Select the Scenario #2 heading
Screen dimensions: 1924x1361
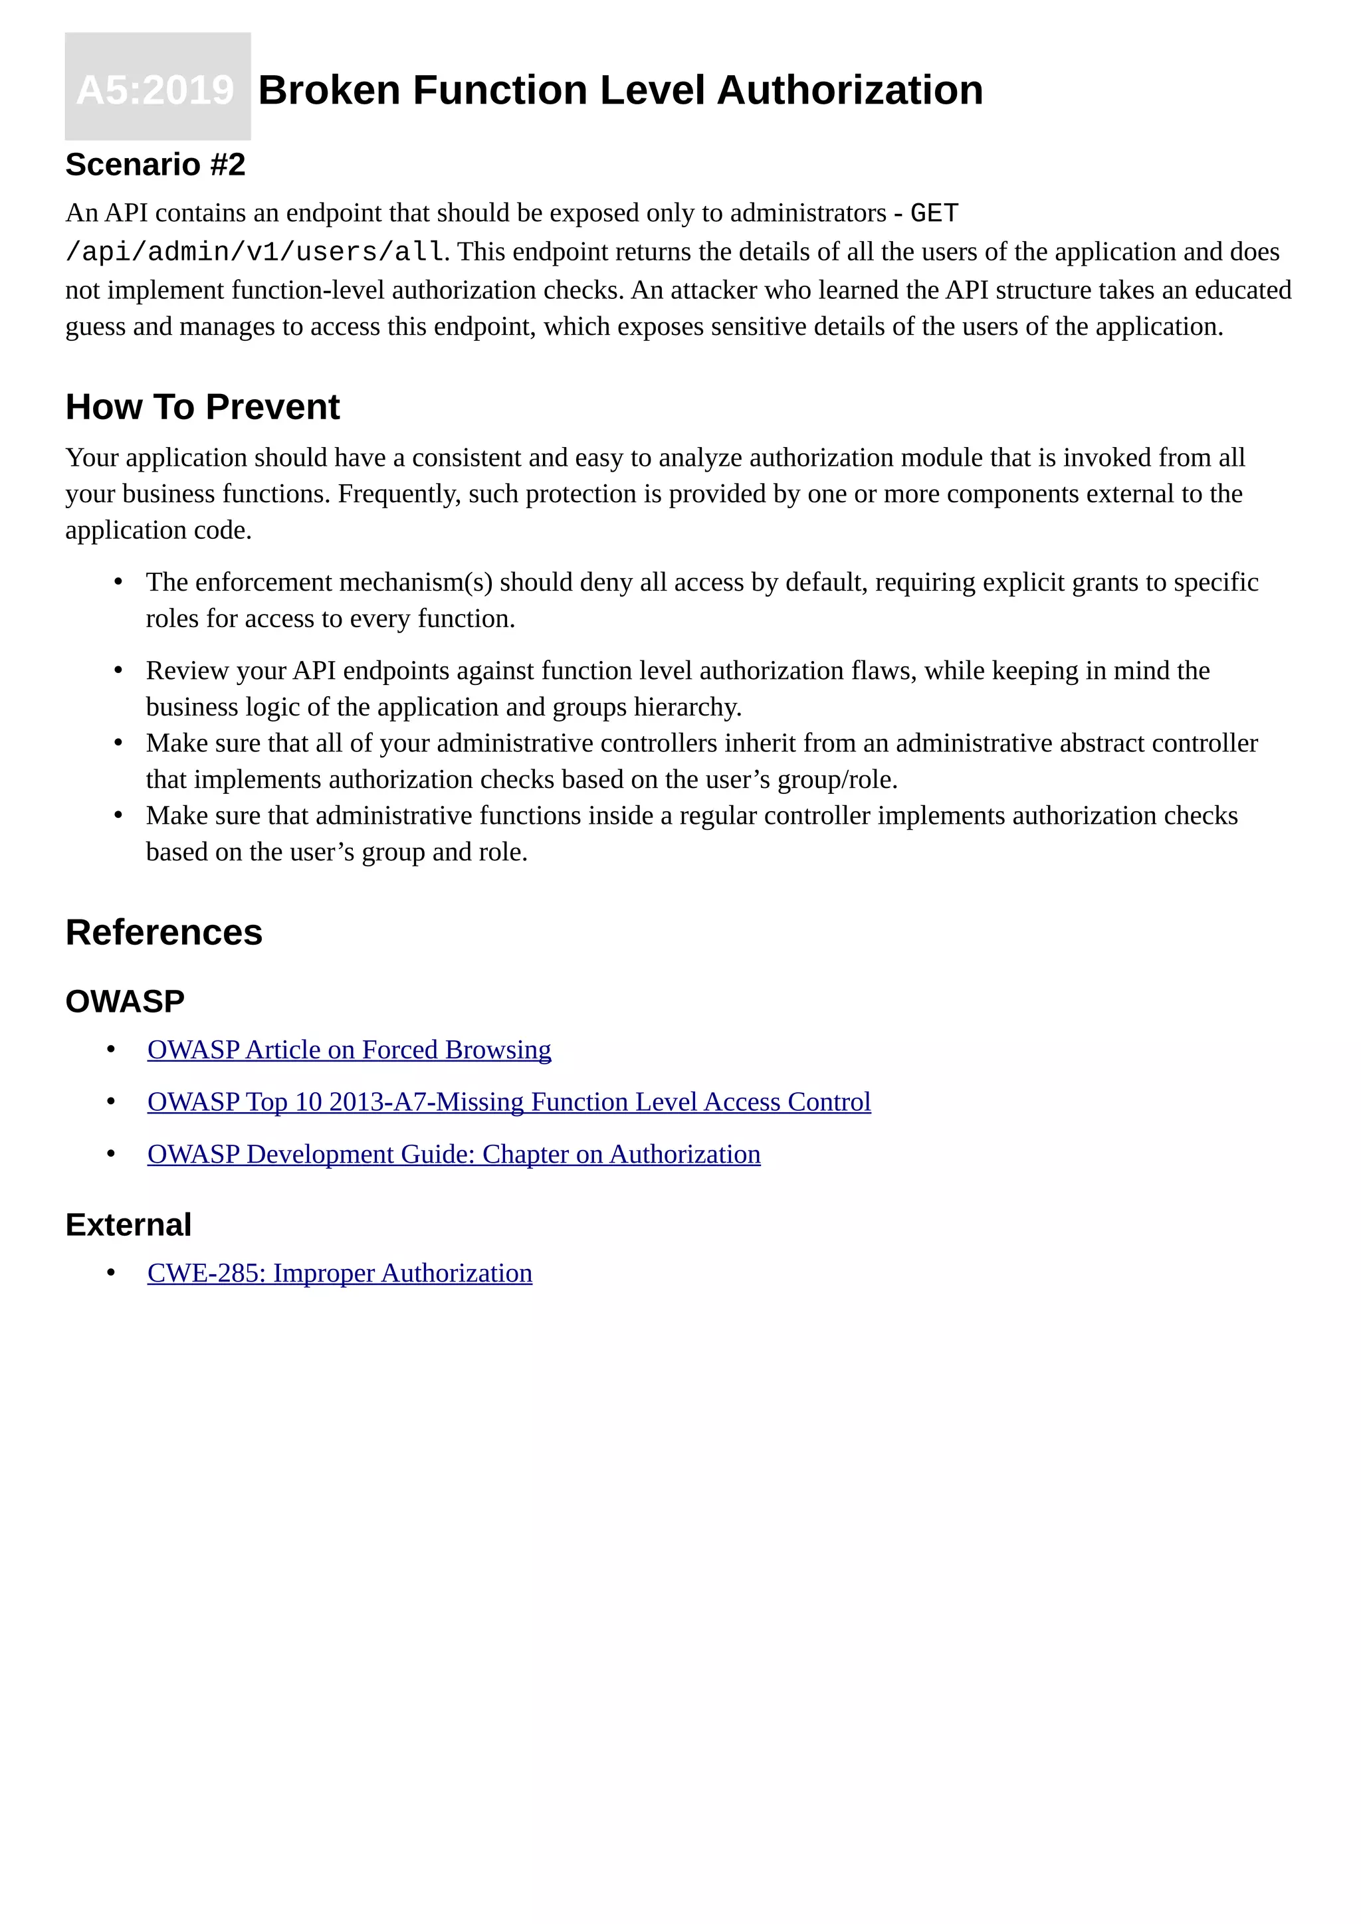(155, 164)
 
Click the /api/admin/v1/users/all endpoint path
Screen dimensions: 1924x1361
(254, 251)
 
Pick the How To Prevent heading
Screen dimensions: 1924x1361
(202, 407)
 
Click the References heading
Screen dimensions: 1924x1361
(163, 932)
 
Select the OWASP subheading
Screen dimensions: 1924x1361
(125, 1001)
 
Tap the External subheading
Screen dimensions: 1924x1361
(128, 1224)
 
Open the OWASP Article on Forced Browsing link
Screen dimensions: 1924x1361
(349, 1049)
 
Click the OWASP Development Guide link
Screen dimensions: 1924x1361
(453, 1154)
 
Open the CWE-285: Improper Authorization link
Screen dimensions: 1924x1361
(340, 1273)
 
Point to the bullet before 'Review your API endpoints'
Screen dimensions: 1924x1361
(118, 670)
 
